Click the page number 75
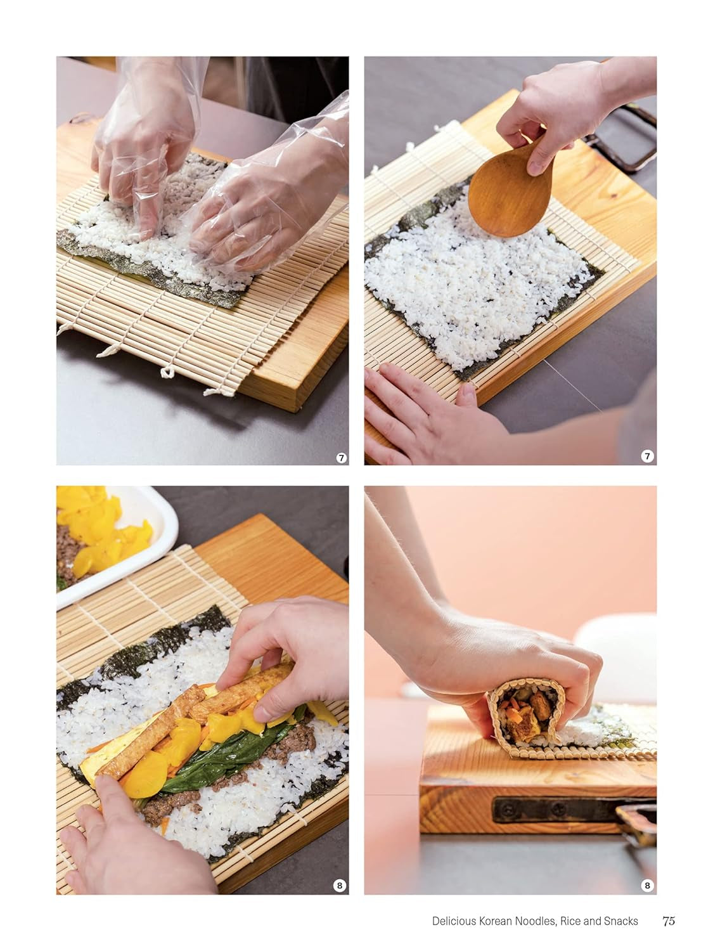pos(669,921)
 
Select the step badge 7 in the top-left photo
pos(342,458)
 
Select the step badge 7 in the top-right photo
pos(647,458)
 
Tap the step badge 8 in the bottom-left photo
pos(340,886)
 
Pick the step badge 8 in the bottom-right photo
pos(647,886)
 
